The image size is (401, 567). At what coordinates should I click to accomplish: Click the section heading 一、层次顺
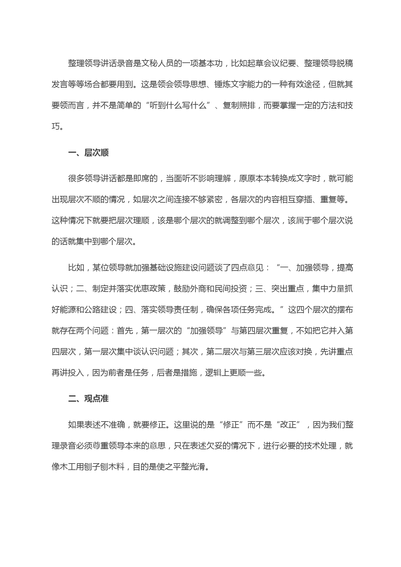(88, 153)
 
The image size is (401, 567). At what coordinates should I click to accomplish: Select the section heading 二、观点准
(88, 399)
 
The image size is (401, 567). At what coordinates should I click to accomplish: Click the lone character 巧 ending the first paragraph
(56, 127)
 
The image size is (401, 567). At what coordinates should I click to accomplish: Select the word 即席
(141, 179)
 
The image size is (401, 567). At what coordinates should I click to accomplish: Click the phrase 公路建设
(101, 310)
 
